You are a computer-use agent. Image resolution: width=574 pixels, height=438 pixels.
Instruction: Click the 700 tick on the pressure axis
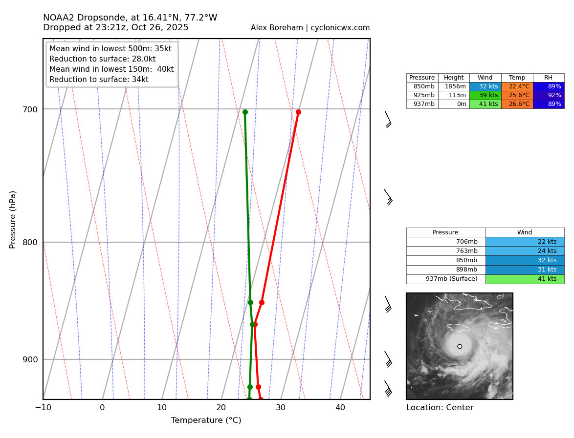coord(30,109)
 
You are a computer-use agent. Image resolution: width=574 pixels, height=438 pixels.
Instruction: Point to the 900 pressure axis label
coord(30,359)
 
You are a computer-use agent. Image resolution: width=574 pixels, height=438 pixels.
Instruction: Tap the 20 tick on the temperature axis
coord(221,408)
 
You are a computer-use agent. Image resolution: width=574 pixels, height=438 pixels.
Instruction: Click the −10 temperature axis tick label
coord(43,408)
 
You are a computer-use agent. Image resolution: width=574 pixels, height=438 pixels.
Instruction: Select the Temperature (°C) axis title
coord(206,420)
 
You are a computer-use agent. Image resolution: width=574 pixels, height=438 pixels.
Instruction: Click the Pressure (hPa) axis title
coord(13,219)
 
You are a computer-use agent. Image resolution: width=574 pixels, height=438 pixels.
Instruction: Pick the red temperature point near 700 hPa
coord(298,112)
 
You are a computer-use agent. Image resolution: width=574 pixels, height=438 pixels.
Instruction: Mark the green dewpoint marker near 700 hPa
coord(245,112)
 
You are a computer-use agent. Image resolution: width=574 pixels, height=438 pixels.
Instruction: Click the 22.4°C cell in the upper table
coord(517,86)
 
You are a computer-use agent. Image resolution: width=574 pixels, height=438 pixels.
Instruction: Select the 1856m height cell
coord(454,86)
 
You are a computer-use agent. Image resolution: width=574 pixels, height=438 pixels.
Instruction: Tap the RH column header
coord(548,78)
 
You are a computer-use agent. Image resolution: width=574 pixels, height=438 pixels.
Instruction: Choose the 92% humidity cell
coord(548,95)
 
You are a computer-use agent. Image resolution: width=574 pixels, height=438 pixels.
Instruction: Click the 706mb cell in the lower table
coord(446,242)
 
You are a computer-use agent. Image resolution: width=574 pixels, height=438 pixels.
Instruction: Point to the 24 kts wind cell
coord(525,251)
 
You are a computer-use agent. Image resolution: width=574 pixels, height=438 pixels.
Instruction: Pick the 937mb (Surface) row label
coord(446,279)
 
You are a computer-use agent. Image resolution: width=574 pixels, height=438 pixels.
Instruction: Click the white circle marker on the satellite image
coord(460,346)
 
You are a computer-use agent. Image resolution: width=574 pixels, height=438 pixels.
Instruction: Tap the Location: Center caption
coord(440,408)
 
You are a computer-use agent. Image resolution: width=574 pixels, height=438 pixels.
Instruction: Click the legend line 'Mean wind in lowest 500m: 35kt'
coord(110,49)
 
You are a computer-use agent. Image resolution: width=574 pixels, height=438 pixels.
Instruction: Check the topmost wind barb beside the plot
coord(388,119)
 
